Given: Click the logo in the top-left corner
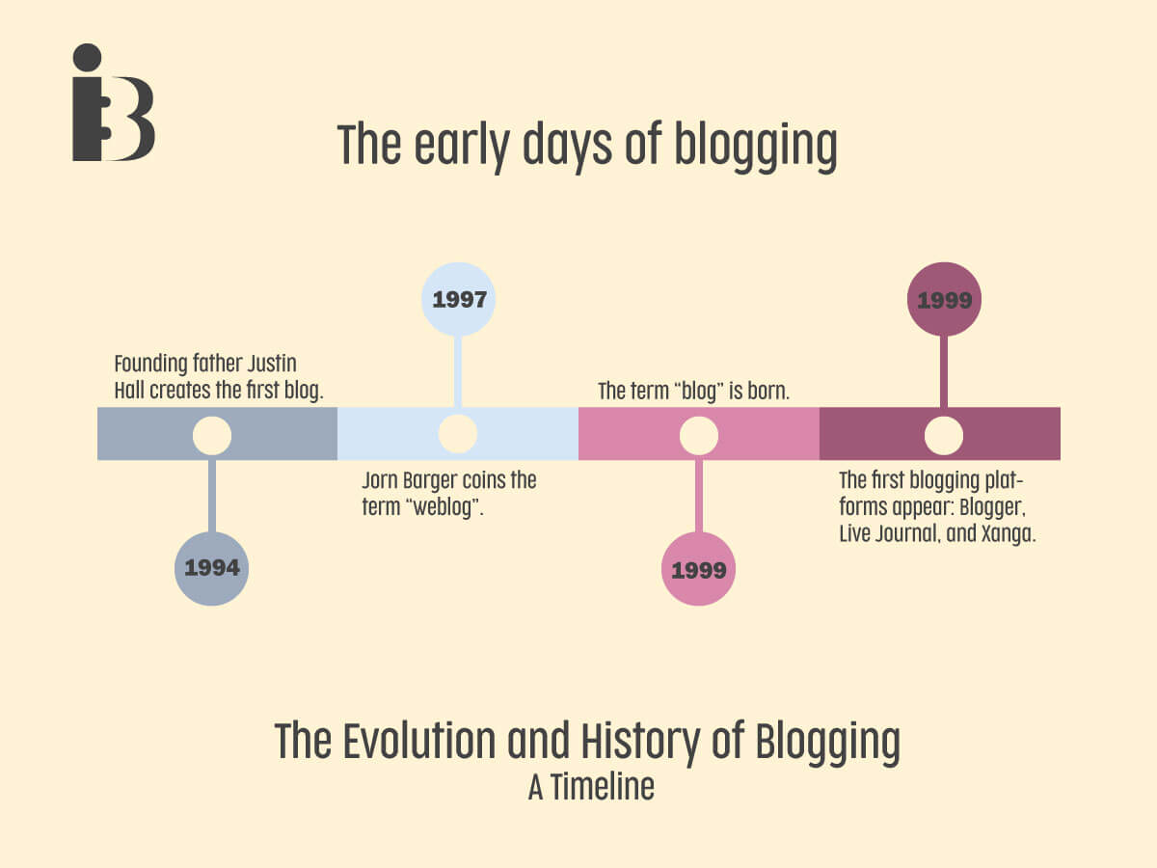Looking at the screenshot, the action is (x=114, y=102).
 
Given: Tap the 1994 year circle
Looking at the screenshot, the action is (x=211, y=569).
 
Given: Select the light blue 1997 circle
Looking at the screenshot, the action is (x=458, y=299).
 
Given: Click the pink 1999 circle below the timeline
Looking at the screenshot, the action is (x=698, y=569).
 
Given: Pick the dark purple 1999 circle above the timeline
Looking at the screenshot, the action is (x=944, y=299).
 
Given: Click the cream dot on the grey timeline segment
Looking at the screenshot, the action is (x=212, y=435).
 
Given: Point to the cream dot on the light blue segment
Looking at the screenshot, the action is (x=458, y=434).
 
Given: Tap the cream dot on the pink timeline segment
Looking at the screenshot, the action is (x=699, y=435).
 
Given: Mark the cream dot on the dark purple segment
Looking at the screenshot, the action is (x=944, y=435).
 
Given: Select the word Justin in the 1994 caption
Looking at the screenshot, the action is (x=272, y=364).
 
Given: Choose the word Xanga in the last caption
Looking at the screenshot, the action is (x=1008, y=534).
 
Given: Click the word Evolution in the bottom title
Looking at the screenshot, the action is (x=419, y=741).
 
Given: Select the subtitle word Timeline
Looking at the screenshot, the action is (x=603, y=787).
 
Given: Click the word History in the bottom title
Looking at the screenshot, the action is (x=640, y=743).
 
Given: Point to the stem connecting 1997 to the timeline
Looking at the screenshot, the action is (x=458, y=371).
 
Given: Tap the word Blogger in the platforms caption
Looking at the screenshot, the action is (x=992, y=508).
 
